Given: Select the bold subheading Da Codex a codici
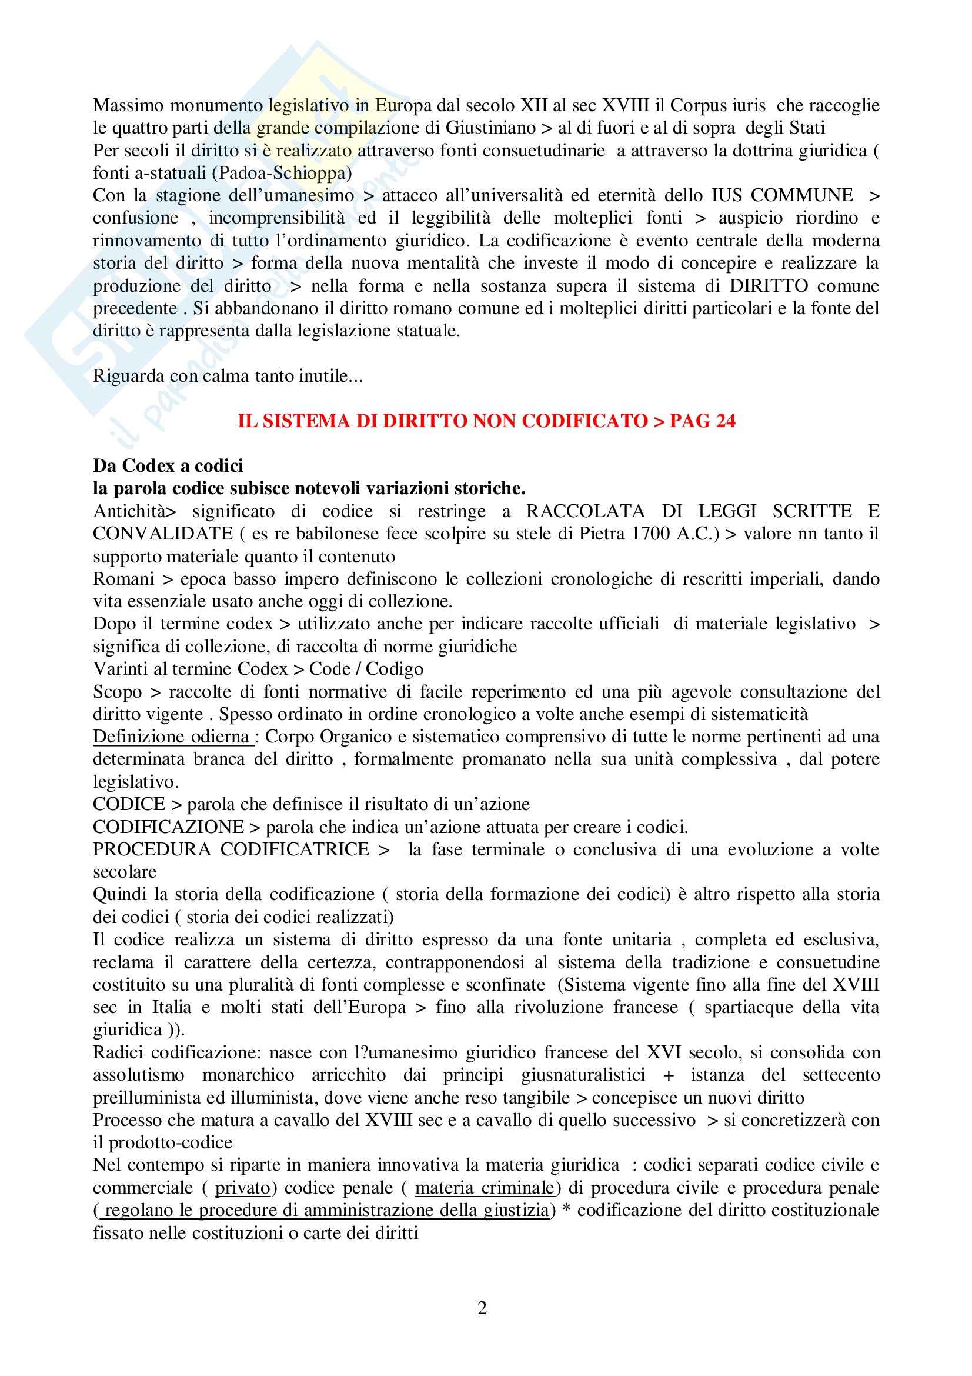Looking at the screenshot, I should pos(168,466).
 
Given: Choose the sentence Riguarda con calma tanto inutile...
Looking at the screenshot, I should pos(228,376).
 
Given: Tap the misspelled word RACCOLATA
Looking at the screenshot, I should pos(585,511).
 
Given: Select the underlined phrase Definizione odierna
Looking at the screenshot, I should pos(171,737).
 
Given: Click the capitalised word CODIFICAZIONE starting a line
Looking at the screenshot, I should pos(168,827).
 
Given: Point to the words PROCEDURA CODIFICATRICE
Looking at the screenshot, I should pos(231,849).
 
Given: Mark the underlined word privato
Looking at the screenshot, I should pos(242,1188).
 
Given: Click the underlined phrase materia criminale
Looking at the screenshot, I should pos(484,1188).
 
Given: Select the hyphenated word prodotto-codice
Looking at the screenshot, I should pos(171,1142).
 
